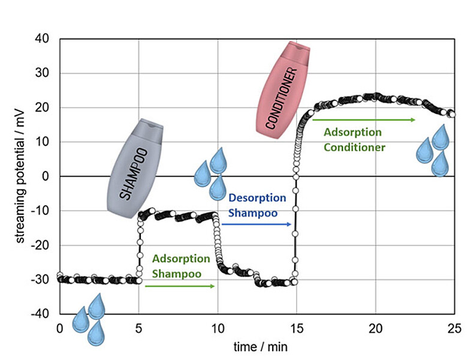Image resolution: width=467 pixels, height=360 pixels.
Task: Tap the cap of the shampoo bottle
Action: coord(151,127)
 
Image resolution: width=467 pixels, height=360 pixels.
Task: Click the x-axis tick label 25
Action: coord(454,328)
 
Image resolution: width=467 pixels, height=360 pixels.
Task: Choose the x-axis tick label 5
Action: coord(138,328)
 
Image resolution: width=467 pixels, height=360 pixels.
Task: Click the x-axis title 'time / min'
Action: coord(257,347)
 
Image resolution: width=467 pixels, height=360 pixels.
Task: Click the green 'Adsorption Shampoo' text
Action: coord(180,265)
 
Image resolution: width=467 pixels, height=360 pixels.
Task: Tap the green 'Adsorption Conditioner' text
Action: coord(354,139)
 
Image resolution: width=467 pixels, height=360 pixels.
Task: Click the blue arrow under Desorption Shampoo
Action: coord(256,224)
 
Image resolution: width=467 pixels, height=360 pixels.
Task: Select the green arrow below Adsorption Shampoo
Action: coord(179,286)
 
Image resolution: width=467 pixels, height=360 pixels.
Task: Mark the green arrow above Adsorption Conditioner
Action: coord(363,120)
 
